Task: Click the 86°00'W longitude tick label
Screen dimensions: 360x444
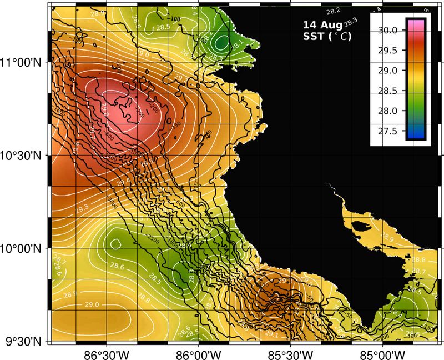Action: coord(198,354)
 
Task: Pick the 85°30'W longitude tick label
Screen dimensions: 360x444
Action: coord(290,354)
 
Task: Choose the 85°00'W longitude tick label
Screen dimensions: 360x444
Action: coord(383,354)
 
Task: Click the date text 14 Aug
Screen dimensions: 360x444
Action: coord(322,26)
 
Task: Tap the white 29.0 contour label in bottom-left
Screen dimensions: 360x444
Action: coord(92,304)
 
